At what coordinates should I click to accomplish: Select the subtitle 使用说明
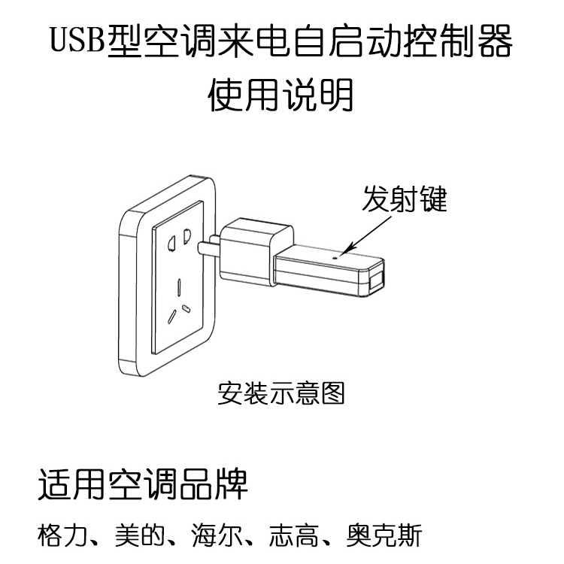tap(281, 96)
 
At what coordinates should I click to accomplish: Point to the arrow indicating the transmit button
tap(365, 237)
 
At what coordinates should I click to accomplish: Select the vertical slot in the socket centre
tap(179, 287)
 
